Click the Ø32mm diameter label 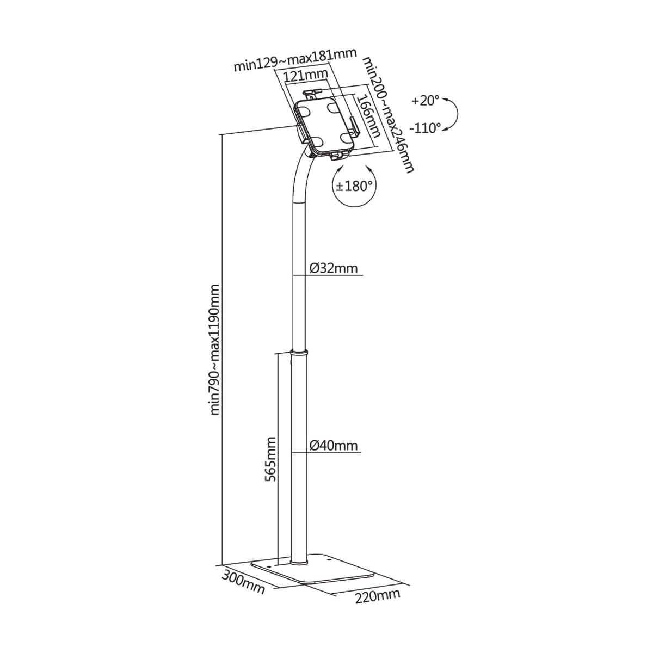click(x=334, y=268)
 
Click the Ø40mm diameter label click(x=334, y=445)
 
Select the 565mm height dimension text click(x=270, y=459)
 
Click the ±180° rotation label click(x=354, y=186)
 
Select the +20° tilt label click(x=426, y=101)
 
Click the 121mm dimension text click(x=306, y=76)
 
